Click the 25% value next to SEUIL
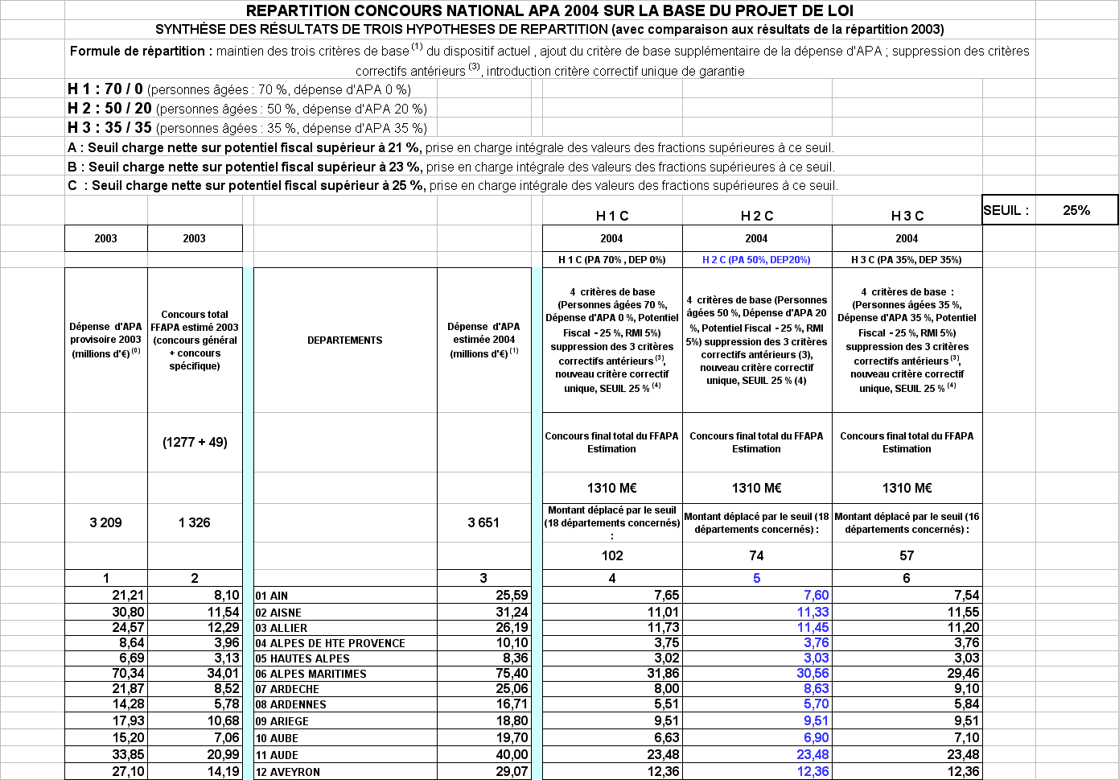pos(1076,210)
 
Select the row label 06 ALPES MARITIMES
pos(311,674)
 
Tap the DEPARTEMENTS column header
pos(344,340)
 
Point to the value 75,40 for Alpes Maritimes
pos(512,674)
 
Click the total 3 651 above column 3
pos(483,522)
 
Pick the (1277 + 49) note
pos(195,442)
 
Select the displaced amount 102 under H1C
pos(612,555)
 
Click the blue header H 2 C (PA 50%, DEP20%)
pos(756,260)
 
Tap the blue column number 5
pos(756,578)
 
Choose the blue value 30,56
pos(813,674)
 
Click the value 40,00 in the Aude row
pos(512,755)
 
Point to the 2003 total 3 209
pos(105,522)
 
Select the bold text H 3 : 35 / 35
pos(109,128)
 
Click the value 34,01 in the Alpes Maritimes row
pos(223,674)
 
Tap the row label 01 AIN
pos(272,596)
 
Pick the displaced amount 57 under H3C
pos(907,555)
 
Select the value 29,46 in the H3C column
pos(962,674)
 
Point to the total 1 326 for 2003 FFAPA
pos(194,522)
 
